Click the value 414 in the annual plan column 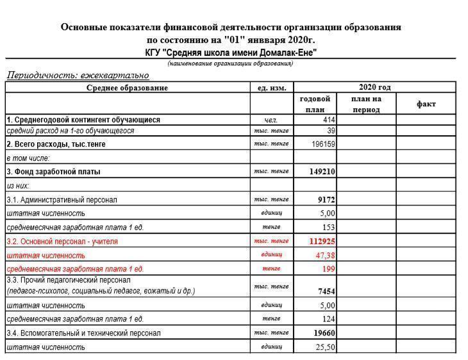coord(329,120)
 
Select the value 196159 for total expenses coord(324,144)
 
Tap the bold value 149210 coord(322,172)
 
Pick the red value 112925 coord(322,241)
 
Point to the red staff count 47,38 coord(326,255)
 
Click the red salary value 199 coord(329,268)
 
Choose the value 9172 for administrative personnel coord(326,200)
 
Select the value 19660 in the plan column coord(324,333)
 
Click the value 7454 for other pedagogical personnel coord(326,291)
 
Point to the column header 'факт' coord(426,104)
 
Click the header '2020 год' coord(374,87)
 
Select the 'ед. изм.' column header coord(271,88)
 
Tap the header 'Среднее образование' coord(127,88)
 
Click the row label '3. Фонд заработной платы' coord(54,172)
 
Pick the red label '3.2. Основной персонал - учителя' coord(62,241)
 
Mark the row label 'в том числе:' coord(28,158)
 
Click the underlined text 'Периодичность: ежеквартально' coord(78,75)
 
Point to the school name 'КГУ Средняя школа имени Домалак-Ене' coord(231,53)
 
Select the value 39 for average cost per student coord(331,131)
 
